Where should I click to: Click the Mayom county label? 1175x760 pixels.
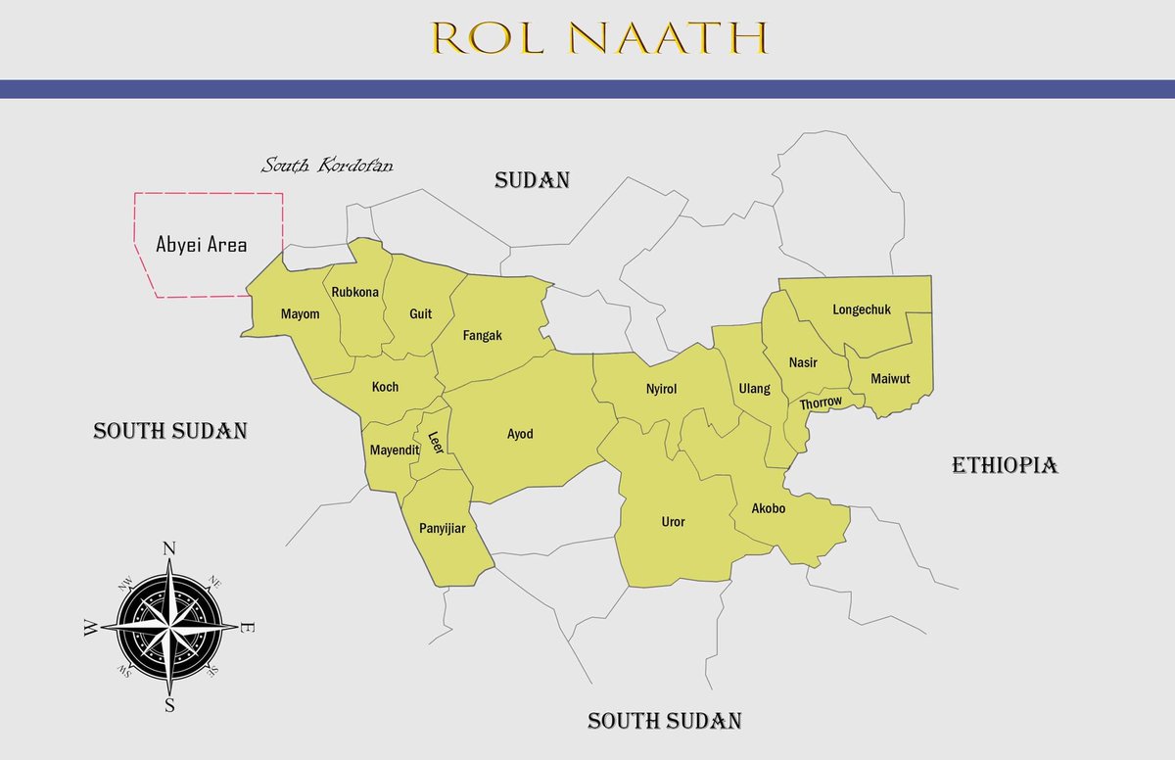click(301, 314)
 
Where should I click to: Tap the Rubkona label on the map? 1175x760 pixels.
click(355, 292)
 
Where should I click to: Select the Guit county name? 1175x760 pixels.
click(420, 314)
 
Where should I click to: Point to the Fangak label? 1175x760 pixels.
click(482, 335)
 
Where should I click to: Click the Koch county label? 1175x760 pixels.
click(385, 387)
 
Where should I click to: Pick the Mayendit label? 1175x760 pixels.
click(394, 451)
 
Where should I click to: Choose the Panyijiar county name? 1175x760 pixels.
click(442, 529)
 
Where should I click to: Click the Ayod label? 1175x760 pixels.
click(520, 434)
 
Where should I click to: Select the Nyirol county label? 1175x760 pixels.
click(661, 389)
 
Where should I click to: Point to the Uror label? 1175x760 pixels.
click(673, 522)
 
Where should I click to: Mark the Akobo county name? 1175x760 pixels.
click(768, 509)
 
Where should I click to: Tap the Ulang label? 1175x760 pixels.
click(754, 389)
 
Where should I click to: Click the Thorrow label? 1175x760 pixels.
click(821, 403)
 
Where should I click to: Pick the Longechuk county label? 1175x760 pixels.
click(862, 309)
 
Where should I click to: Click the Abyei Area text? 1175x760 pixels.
click(202, 245)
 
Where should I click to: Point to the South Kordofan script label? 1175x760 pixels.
click(327, 166)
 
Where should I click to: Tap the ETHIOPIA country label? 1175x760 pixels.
click(1005, 465)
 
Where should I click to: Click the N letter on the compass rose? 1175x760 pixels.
click(168, 547)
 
